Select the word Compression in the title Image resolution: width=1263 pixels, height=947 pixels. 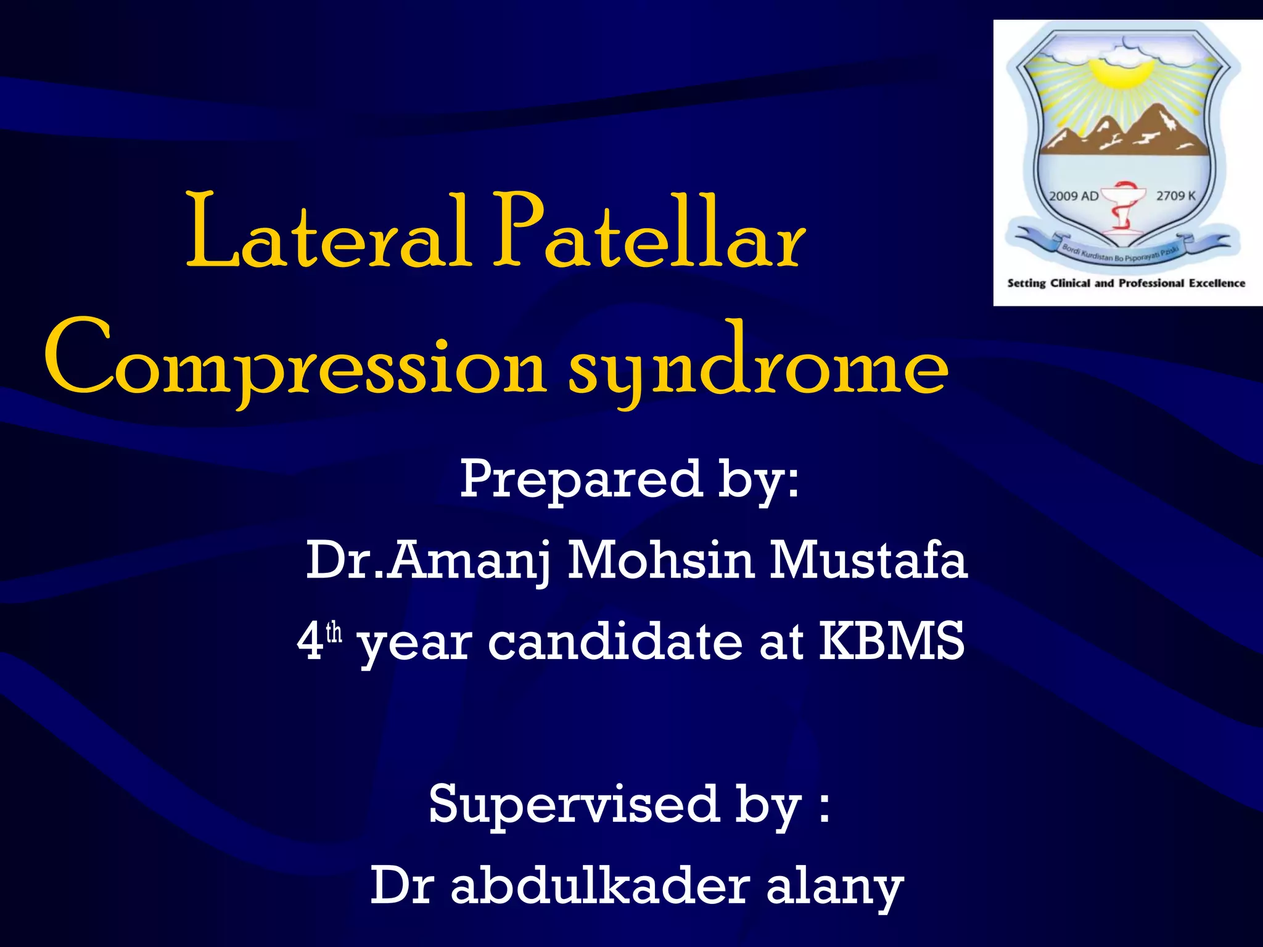[295, 361]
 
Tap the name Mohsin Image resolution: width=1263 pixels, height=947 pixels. [660, 561]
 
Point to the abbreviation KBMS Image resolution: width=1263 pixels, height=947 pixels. [891, 641]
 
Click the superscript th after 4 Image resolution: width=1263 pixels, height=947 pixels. [334, 633]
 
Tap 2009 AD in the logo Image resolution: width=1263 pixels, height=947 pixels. [1074, 196]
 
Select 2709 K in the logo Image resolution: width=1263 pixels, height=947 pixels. [1175, 195]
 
